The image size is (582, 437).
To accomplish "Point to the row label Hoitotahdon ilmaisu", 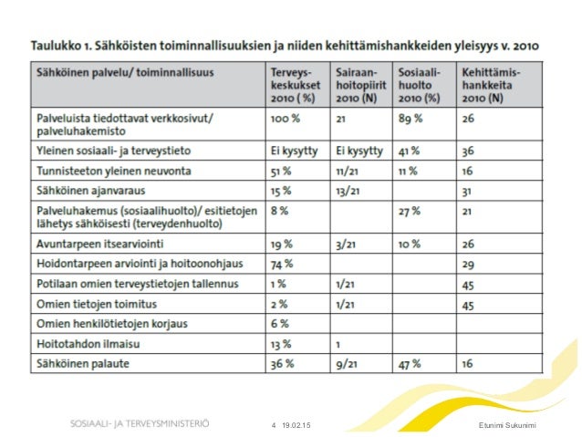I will (88, 344).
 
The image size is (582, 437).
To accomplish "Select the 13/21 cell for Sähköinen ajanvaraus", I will (349, 191).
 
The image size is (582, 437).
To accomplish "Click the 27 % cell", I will (411, 213).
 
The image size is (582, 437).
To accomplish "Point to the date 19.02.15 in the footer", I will (296, 425).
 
